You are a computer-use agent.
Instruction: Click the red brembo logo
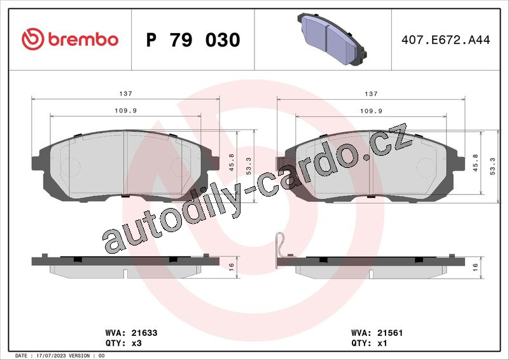[x=70, y=39]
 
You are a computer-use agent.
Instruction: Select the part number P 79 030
[x=193, y=40]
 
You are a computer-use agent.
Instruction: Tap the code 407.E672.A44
[x=446, y=40]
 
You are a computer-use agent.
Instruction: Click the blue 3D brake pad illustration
[x=331, y=39]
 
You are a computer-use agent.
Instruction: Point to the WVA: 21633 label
[x=132, y=333]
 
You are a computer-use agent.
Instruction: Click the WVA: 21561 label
[x=377, y=333]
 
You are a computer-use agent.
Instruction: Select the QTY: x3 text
[x=123, y=343]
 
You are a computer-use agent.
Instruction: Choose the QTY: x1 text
[x=369, y=343]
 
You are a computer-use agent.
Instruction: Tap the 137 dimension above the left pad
[x=125, y=93]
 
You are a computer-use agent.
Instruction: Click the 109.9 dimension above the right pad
[x=371, y=111]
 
